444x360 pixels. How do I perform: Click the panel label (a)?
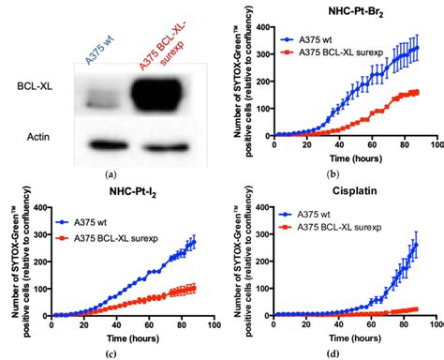[112, 174]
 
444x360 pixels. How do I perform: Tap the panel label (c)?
[112, 352]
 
